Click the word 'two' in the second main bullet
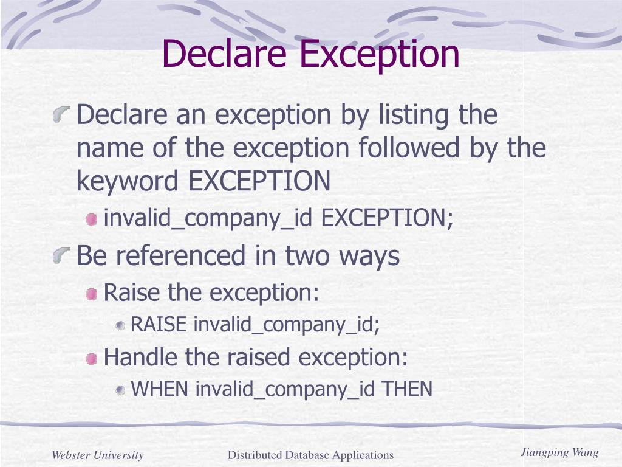[307, 256]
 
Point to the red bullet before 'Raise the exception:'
[91, 294]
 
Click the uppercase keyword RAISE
[159, 325]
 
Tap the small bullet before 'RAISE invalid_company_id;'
[120, 326]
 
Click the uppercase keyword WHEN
[160, 389]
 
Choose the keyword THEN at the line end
[406, 389]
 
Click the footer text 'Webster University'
[98, 455]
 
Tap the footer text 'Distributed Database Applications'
[310, 455]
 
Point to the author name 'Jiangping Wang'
[559, 452]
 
